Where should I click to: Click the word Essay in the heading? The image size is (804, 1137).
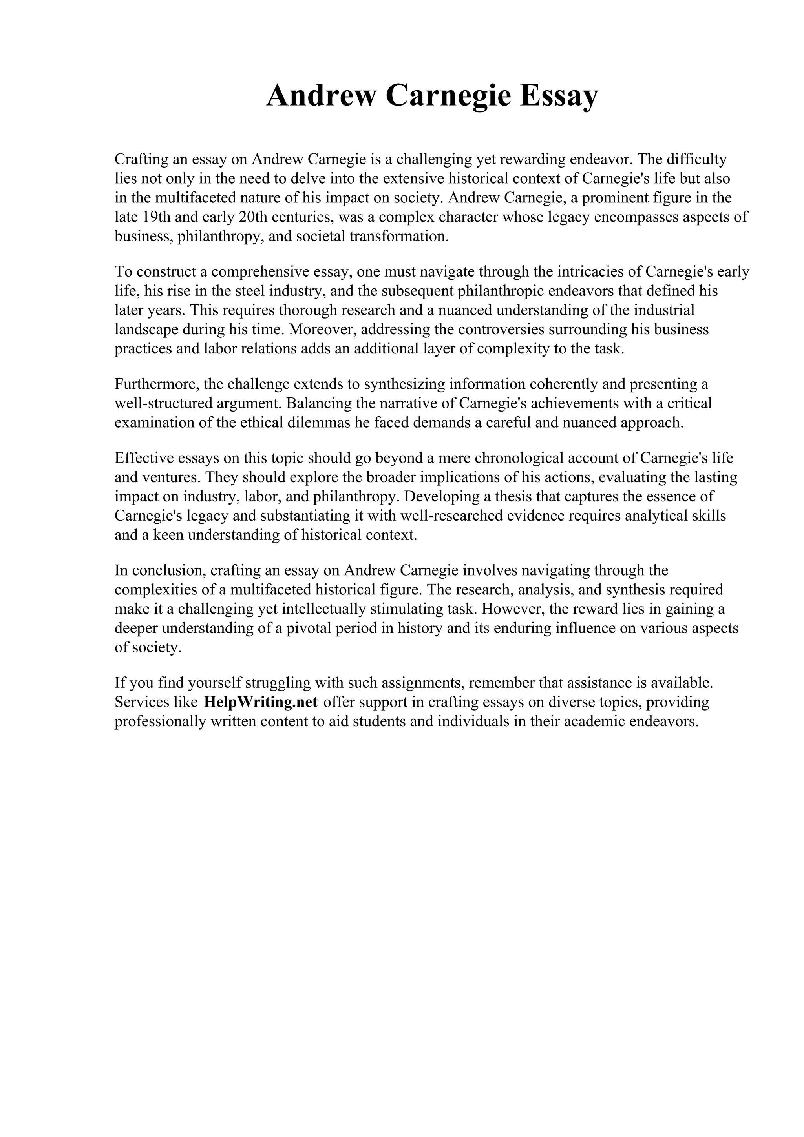coord(558,96)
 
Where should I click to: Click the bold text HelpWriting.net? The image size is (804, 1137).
coord(261,702)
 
